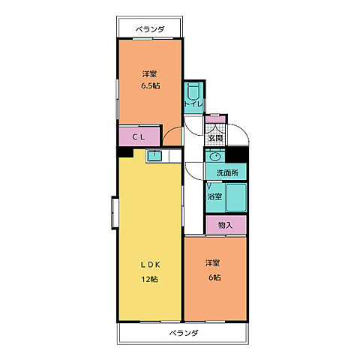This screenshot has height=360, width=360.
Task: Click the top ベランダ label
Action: (x=150, y=29)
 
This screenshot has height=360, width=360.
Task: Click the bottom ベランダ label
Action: (x=184, y=333)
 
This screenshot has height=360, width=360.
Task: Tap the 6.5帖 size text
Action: (x=151, y=85)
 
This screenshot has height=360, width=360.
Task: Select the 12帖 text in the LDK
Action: (x=150, y=279)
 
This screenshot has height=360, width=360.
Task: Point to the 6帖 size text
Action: (x=214, y=277)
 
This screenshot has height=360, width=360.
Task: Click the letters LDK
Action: (x=150, y=265)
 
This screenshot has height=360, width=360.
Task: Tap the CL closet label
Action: (x=139, y=136)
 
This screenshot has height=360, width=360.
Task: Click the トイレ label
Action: (x=193, y=103)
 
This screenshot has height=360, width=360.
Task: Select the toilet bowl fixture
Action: (x=193, y=91)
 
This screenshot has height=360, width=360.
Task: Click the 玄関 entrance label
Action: (x=215, y=138)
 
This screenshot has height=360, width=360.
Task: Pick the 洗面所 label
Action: (x=227, y=172)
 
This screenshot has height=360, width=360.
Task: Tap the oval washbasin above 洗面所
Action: (x=215, y=157)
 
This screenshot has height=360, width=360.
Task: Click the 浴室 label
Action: (x=214, y=196)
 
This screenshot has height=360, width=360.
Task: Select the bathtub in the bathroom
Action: (x=236, y=197)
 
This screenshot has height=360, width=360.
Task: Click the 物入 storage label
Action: (x=226, y=225)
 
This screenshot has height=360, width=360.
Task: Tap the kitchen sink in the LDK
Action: (x=154, y=156)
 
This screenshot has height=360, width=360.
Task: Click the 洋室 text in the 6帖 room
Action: (x=213, y=263)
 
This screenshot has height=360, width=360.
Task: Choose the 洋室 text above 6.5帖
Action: (x=150, y=74)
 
